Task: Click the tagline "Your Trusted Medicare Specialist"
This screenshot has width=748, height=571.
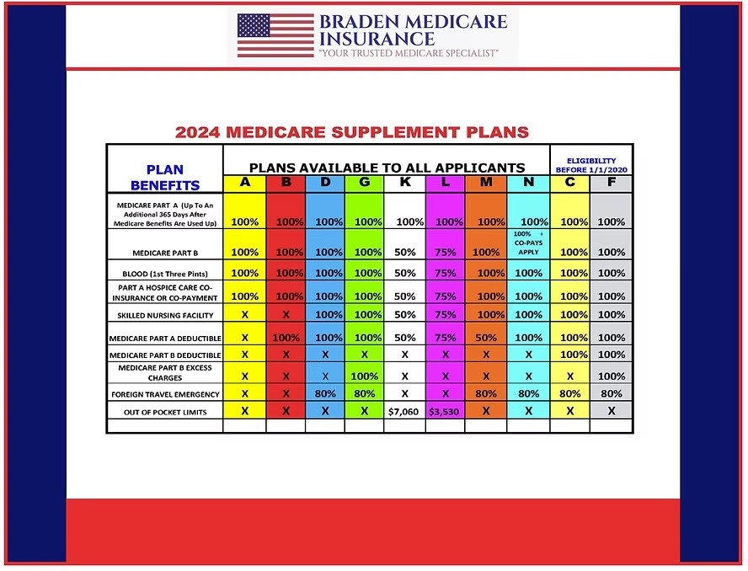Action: click(409, 53)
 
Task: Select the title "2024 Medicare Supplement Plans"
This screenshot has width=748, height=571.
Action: click(352, 132)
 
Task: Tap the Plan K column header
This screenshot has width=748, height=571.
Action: click(405, 183)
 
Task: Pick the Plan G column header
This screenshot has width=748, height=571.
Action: click(364, 183)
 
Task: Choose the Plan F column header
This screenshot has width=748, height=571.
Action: click(611, 183)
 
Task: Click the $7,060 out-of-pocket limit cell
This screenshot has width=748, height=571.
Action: click(403, 412)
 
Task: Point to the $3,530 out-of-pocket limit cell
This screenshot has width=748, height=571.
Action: click(445, 412)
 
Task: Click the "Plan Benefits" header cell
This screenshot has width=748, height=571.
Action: click(164, 177)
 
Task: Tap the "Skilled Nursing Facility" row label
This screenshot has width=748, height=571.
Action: click(165, 315)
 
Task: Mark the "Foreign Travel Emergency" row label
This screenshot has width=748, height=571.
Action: click(165, 394)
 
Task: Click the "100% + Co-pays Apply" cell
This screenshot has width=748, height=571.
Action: click(528, 243)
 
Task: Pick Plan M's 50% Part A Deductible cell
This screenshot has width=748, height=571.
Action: click(486, 338)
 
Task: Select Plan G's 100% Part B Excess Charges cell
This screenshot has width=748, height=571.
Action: click(364, 376)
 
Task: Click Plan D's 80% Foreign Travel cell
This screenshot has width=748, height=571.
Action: click(324, 393)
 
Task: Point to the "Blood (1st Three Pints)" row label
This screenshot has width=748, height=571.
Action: click(165, 274)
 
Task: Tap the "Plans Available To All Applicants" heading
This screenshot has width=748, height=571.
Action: click(387, 167)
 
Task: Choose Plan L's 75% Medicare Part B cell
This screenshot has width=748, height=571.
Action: click(445, 252)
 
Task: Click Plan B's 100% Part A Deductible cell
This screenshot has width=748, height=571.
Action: click(286, 338)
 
